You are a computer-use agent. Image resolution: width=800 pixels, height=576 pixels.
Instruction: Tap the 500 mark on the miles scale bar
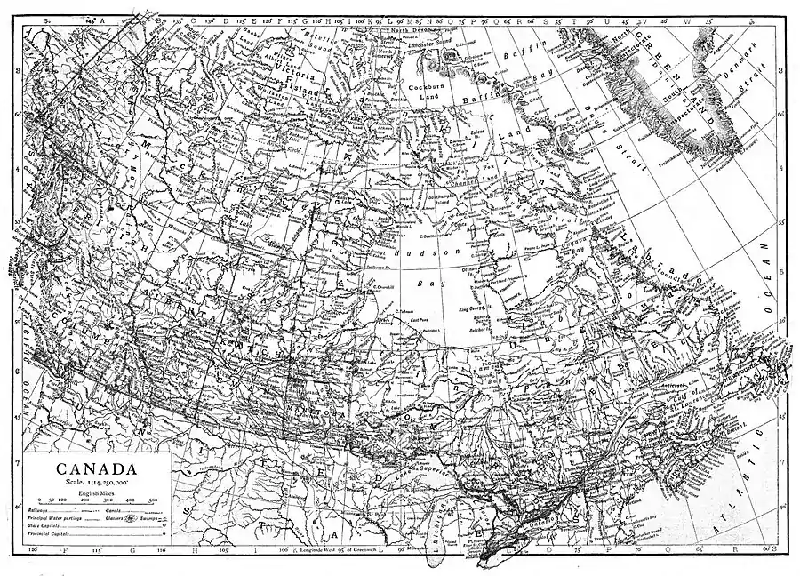(x=153, y=500)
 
